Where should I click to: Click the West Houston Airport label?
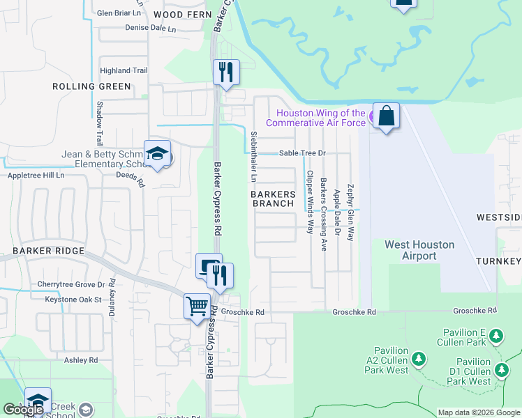(x=419, y=251)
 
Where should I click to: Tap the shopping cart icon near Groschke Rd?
(x=197, y=307)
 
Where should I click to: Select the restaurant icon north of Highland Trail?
(x=226, y=73)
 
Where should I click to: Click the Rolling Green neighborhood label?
(x=91, y=86)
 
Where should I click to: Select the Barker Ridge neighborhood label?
(x=48, y=251)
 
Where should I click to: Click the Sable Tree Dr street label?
(x=302, y=153)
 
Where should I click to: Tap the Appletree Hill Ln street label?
(x=36, y=176)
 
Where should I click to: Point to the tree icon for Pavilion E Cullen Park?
(x=496, y=336)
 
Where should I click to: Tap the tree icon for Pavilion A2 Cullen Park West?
(x=419, y=359)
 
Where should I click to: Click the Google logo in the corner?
(x=23, y=410)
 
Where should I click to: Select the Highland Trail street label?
(x=124, y=70)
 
